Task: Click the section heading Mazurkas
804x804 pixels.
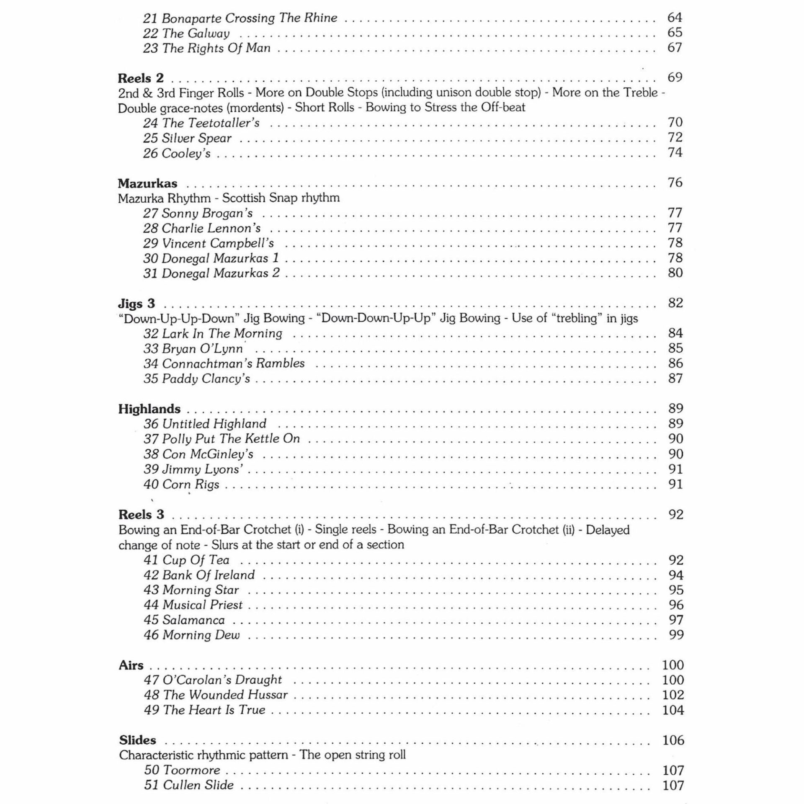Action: pos(147,183)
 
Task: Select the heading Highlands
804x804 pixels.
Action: pos(149,409)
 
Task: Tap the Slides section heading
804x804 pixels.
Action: pos(137,740)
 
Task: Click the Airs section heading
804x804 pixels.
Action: pos(131,665)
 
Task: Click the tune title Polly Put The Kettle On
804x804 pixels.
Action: pos(231,439)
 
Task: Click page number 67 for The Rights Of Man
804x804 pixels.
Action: pos(675,48)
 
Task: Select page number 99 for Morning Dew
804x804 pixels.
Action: pos(676,635)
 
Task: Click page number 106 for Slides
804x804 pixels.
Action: pos(673,740)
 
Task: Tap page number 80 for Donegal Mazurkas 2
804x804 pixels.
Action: pos(675,273)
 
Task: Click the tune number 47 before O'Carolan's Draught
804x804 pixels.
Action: pos(151,680)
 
